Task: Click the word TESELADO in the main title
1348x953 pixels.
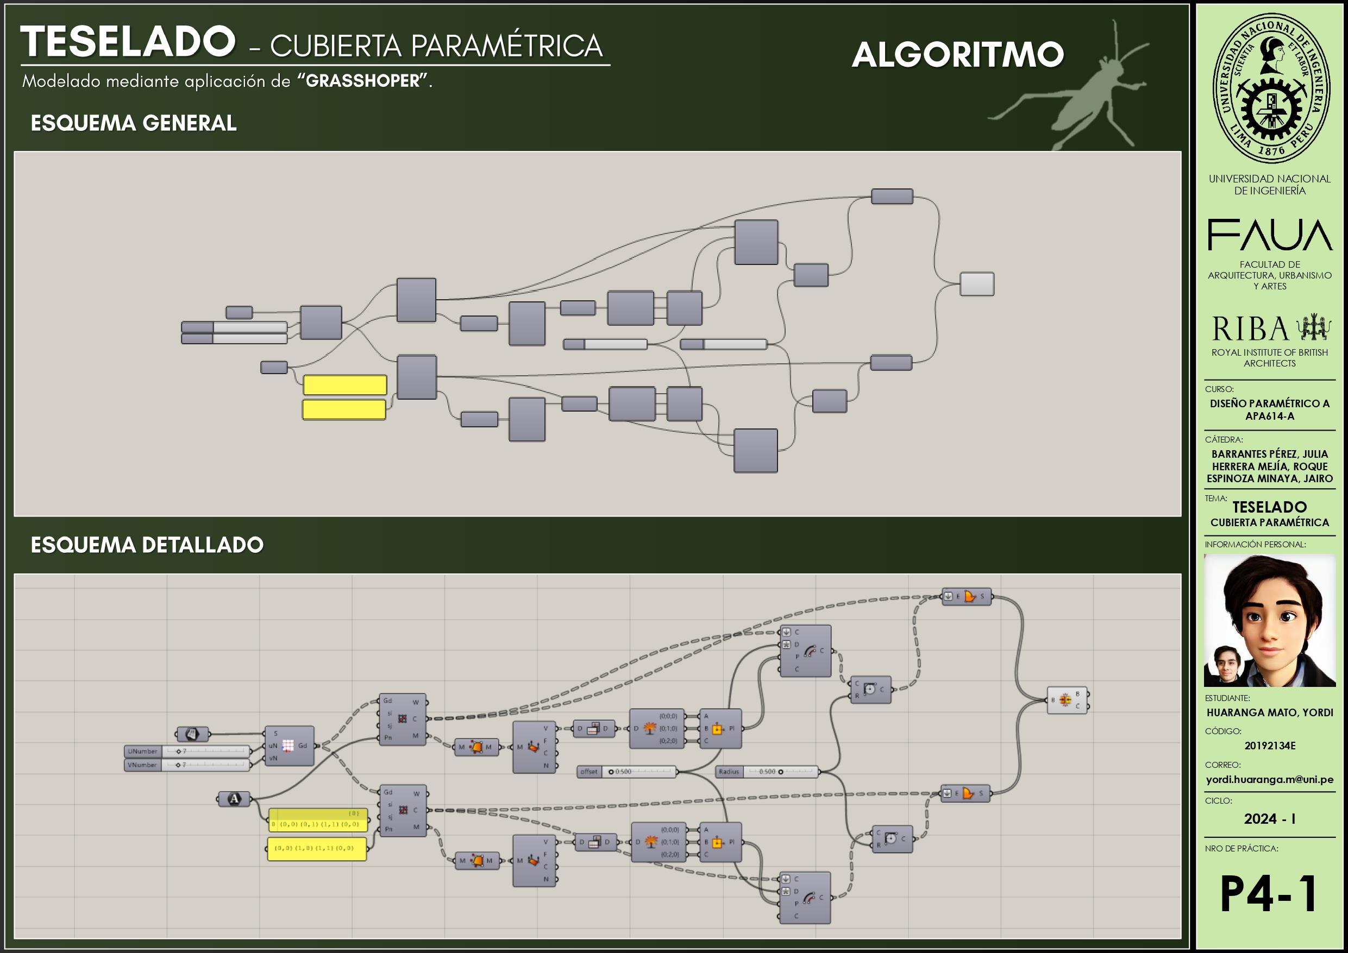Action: pos(127,42)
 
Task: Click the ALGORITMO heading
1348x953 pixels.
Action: pos(957,55)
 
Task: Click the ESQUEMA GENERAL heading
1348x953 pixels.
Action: pos(133,123)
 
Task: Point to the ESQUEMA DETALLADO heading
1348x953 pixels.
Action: pos(147,545)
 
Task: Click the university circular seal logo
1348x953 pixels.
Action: pos(1270,88)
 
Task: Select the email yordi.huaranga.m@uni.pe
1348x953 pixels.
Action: pos(1269,780)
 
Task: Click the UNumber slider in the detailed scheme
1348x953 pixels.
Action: pos(187,751)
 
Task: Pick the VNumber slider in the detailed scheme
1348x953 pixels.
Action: pos(187,765)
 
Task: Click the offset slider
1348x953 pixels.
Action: pos(627,772)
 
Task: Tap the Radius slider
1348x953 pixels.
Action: pos(767,772)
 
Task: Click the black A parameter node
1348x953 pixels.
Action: pos(234,799)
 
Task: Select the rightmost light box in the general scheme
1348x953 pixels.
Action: pos(977,284)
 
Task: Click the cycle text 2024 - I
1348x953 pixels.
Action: pos(1269,819)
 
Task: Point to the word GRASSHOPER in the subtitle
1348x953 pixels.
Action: pos(363,81)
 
